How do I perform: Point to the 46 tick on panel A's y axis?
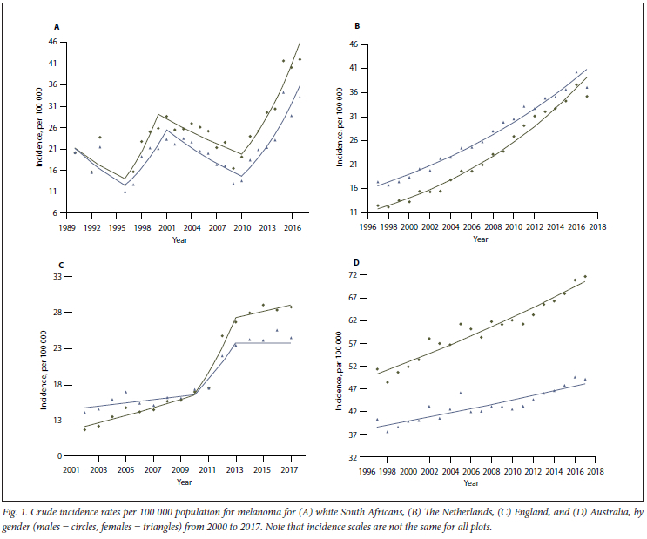[x=52, y=42]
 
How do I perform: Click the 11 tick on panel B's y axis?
[x=354, y=212]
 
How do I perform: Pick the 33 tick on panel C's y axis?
[x=52, y=277]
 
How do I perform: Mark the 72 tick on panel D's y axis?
[x=354, y=275]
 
